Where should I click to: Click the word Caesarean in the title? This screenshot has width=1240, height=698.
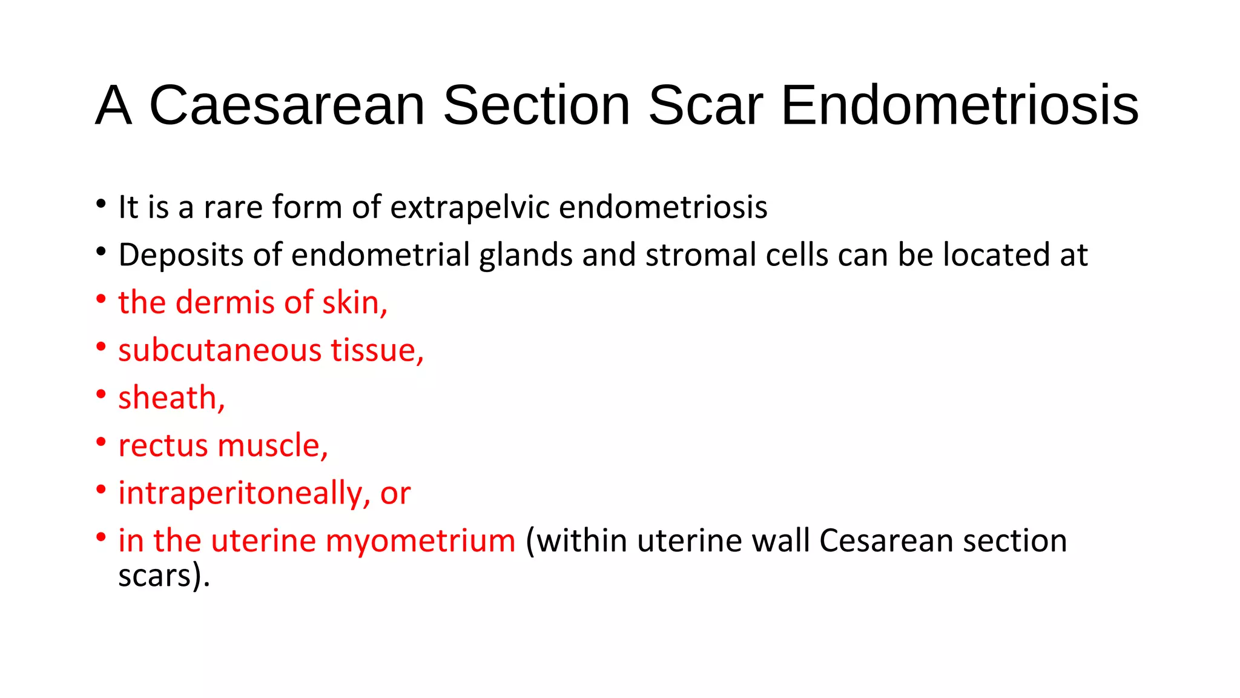287,105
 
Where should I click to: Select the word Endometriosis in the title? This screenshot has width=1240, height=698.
960,105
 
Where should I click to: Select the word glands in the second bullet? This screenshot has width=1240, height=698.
526,255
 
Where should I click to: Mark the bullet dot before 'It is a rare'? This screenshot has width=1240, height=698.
101,204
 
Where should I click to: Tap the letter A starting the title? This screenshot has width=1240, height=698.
114,105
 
